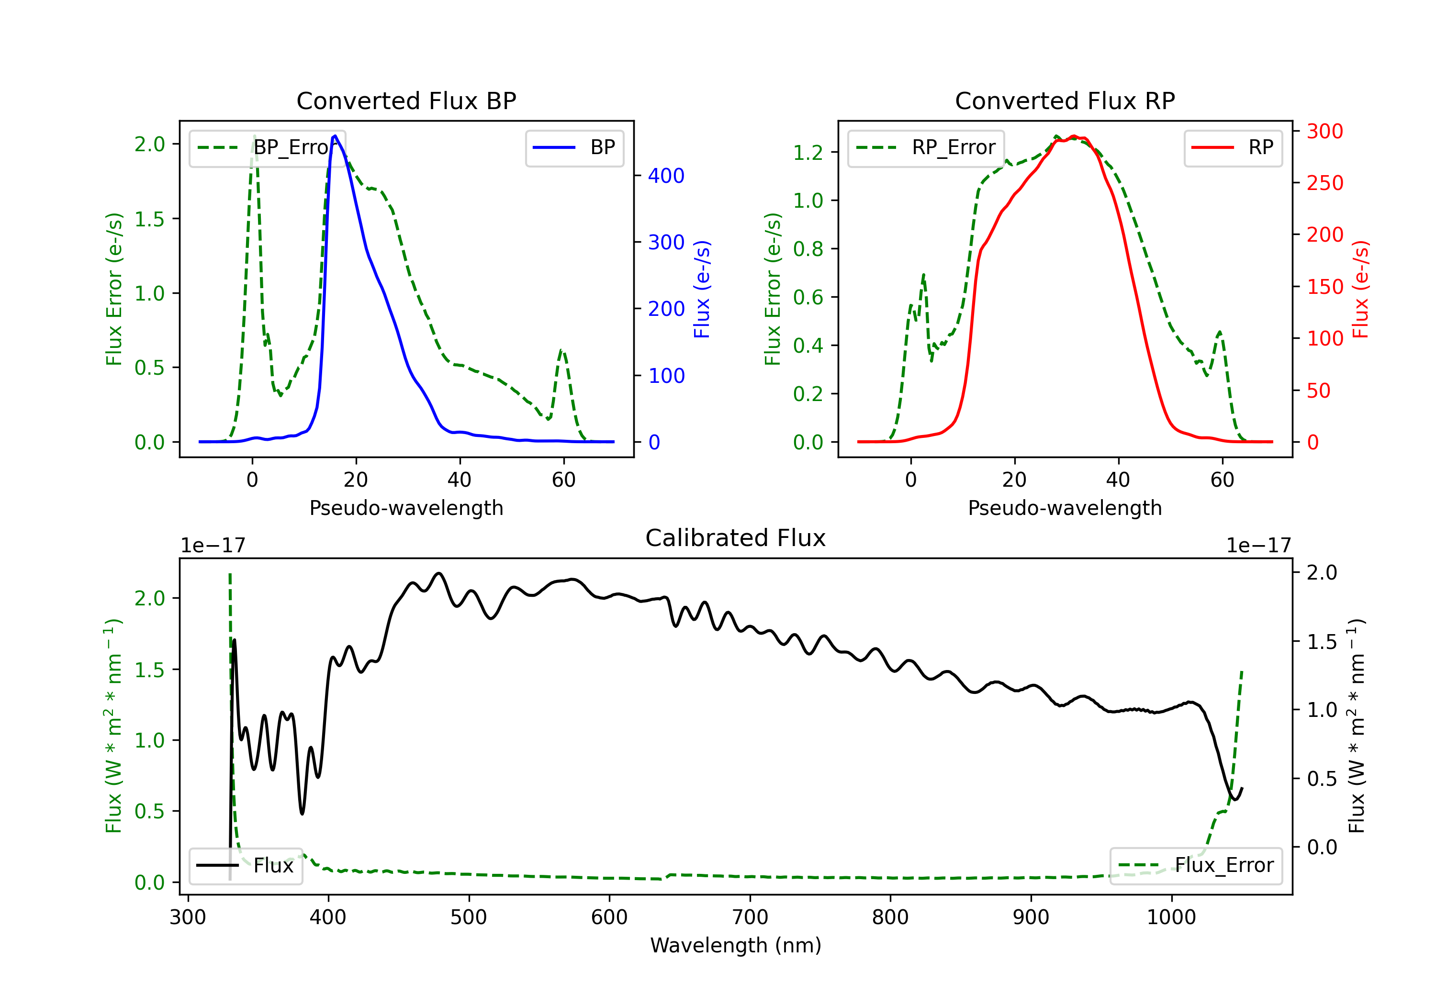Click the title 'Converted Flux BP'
406,100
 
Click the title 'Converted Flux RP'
1065,100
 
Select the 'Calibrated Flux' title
736,538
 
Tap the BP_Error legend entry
268,147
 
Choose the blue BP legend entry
574,147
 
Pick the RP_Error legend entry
926,147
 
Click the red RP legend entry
1232,147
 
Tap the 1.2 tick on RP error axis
808,153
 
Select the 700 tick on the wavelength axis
750,917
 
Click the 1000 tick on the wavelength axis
1171,917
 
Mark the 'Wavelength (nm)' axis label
736,945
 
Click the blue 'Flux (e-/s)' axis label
702,290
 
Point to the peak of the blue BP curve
335,136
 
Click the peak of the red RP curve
1074,136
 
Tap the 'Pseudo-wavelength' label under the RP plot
1065,508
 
